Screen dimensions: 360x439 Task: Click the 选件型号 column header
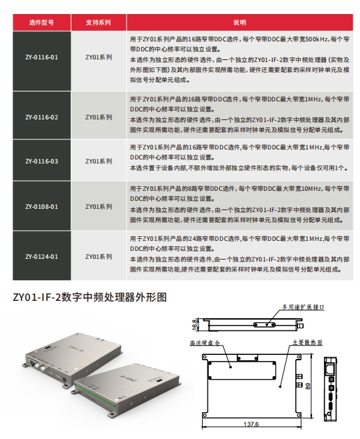[42, 23]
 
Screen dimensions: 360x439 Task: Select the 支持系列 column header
[99, 23]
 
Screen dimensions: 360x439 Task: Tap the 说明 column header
[240, 23]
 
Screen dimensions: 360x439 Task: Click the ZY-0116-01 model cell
[42, 57]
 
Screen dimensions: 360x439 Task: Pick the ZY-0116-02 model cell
[42, 117]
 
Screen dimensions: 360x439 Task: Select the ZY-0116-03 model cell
[42, 161]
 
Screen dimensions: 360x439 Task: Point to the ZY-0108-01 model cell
[42, 207]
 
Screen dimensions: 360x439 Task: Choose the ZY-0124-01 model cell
[42, 257]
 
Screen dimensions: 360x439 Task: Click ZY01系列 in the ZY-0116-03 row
[99, 161]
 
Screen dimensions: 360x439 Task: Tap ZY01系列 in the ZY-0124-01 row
[99, 257]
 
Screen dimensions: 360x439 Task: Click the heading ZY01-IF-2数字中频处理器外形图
[90, 297]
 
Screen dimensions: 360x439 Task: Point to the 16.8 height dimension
[195, 325]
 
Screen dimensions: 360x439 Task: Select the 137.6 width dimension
[251, 424]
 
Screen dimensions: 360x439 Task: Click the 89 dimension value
[308, 386]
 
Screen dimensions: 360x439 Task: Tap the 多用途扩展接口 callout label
[303, 307]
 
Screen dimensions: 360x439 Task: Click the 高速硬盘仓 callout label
[205, 343]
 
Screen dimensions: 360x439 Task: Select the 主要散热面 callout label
[307, 342]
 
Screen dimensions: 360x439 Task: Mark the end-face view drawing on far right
[331, 389]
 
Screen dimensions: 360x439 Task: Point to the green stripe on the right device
[95, 396]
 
